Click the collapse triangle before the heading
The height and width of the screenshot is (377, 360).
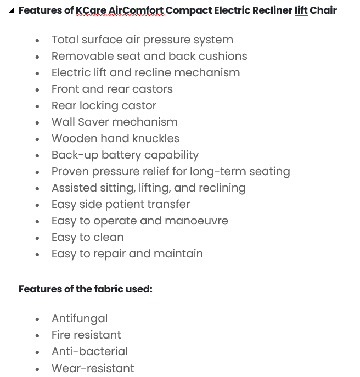[12, 10]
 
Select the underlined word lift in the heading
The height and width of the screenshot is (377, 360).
[301, 10]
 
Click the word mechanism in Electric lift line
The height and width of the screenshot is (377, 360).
[212, 73]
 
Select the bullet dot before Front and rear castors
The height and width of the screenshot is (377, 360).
[37, 90]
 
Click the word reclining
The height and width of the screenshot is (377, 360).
[220, 188]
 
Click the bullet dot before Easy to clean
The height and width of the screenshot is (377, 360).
[37, 238]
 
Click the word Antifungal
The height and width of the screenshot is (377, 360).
[80, 319]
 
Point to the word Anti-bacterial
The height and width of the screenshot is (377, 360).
[89, 352]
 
